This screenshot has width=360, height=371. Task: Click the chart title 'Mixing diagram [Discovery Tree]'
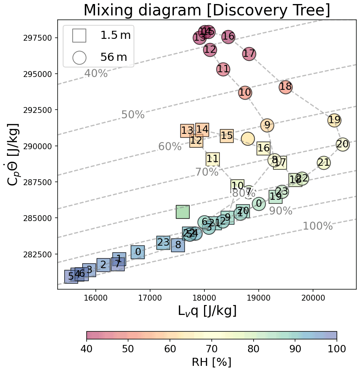(x=207, y=10)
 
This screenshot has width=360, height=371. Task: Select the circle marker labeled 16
(x=228, y=36)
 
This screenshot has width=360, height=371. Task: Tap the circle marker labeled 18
(x=286, y=87)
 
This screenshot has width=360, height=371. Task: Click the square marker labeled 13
(x=187, y=131)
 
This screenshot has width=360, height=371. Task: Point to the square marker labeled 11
(x=212, y=159)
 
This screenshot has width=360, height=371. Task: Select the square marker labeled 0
(x=138, y=252)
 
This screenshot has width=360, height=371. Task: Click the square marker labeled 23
(x=163, y=243)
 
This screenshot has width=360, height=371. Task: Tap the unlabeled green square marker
(x=183, y=212)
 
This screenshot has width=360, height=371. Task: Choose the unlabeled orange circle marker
(x=248, y=138)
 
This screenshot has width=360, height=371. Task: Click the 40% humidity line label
(x=96, y=74)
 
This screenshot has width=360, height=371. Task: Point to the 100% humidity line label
(x=318, y=226)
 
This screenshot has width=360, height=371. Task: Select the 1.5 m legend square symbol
(x=79, y=36)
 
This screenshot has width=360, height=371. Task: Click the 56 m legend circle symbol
(x=79, y=58)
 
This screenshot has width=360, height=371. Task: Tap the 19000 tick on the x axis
(x=259, y=296)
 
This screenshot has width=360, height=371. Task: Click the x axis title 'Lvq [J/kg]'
(x=207, y=311)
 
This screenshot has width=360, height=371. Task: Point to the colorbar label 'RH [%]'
(x=211, y=362)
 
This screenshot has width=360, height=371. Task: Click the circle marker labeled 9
(x=267, y=125)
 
